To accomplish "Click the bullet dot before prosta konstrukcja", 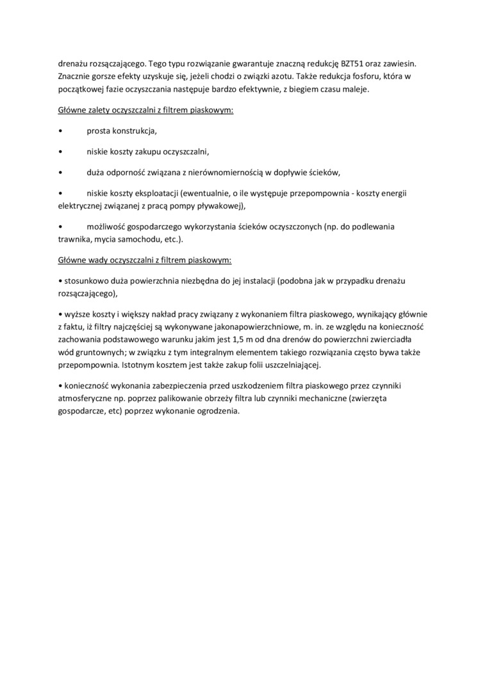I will [60, 131].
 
